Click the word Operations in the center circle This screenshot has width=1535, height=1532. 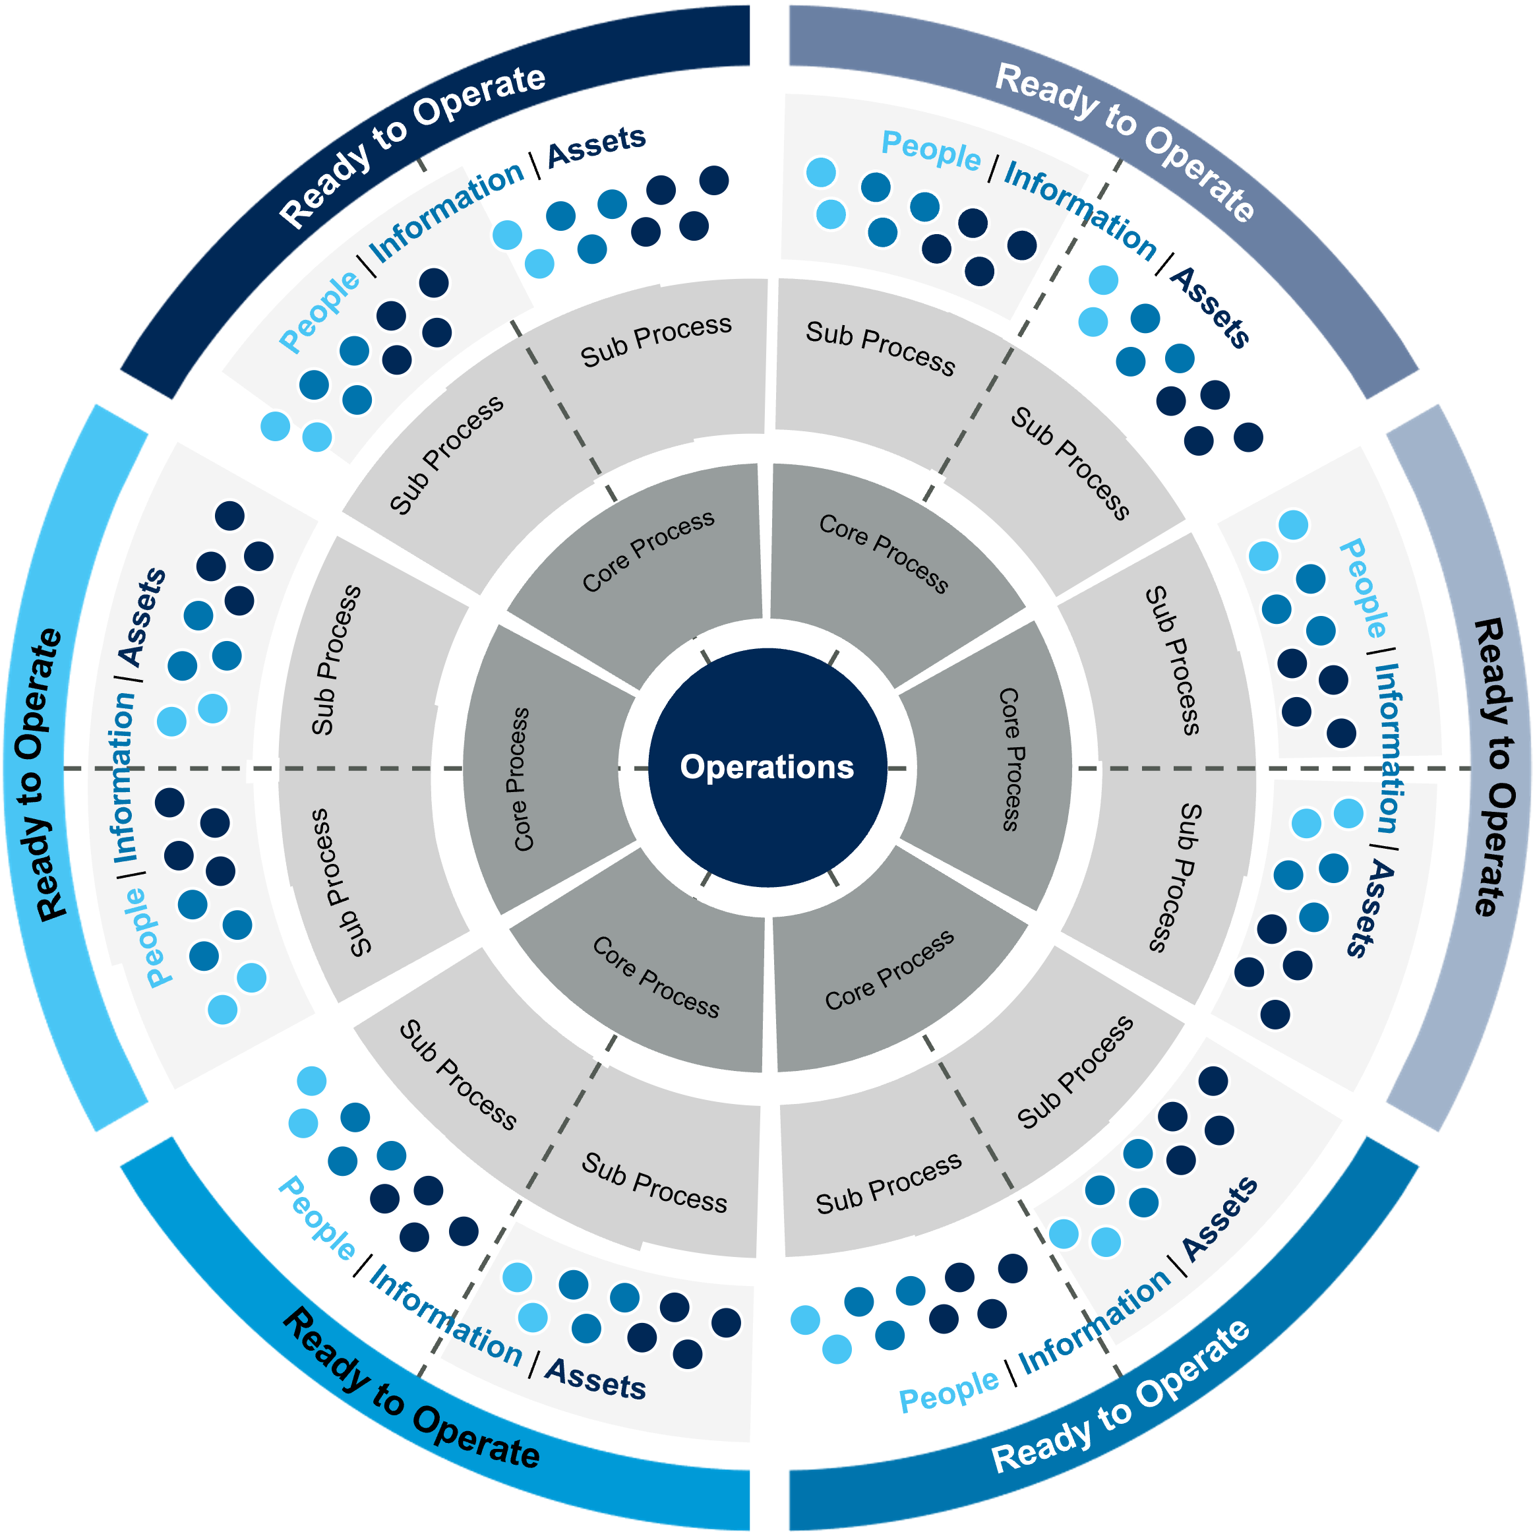coord(767,767)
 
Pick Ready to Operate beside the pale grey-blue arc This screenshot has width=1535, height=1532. coord(1493,767)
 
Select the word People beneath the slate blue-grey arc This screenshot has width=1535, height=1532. coord(930,150)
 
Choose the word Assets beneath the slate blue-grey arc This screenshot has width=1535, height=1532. coord(1210,307)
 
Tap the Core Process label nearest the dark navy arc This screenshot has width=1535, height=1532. coord(648,551)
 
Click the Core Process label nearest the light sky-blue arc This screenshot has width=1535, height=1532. coord(520,779)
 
